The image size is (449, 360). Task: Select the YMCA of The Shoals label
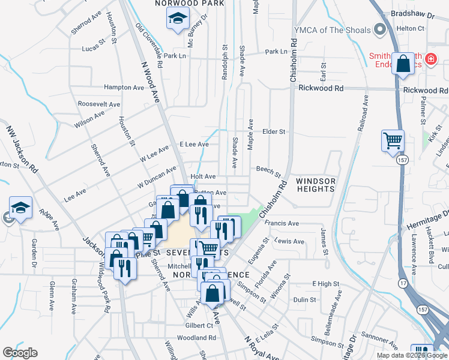pos(332,29)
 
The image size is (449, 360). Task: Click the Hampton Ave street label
pos(124,88)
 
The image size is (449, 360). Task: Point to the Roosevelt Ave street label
pos(99,104)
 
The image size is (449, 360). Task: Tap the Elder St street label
pos(274,131)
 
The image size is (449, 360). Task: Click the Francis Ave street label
pos(282,224)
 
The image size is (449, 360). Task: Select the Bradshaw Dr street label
pos(408,13)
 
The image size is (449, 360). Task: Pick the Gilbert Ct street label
pos(199,325)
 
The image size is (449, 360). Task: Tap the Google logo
pos(20,353)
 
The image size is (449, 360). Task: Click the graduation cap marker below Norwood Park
pos(178,20)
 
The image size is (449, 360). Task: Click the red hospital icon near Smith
pos(431,59)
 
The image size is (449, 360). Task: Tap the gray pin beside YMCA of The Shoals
pos(379,29)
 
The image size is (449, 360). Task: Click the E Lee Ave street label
pos(194,145)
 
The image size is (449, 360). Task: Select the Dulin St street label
pos(305,300)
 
